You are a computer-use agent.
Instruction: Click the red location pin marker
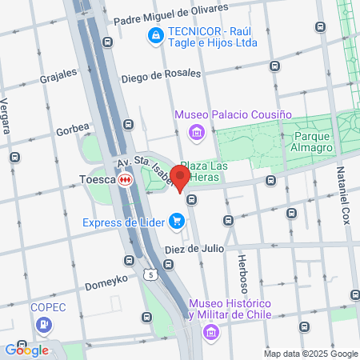click(x=181, y=178)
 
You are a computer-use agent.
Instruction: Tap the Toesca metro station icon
click(x=125, y=181)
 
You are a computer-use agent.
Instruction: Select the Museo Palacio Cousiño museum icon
click(x=194, y=131)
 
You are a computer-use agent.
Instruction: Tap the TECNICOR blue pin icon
click(x=154, y=35)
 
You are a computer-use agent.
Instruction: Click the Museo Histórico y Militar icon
click(x=210, y=330)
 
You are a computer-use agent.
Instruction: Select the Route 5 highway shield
click(x=150, y=274)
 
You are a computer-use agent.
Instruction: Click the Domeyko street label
click(x=102, y=284)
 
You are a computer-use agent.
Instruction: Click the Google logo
click(x=26, y=350)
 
